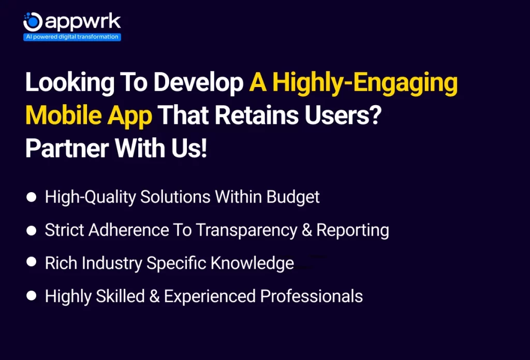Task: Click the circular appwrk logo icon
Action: [x=33, y=22]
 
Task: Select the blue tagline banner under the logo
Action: [x=72, y=37]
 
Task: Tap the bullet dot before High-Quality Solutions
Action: [x=32, y=197]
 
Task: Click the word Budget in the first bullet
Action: [x=293, y=197]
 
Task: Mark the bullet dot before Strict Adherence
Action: [x=32, y=231]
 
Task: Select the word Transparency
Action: [x=247, y=231]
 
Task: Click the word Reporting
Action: [x=352, y=231]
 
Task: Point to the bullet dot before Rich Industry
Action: [x=32, y=262]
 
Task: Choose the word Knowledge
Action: [x=252, y=264]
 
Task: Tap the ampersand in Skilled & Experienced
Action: [x=154, y=296]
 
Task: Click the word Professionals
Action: [x=311, y=296]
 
